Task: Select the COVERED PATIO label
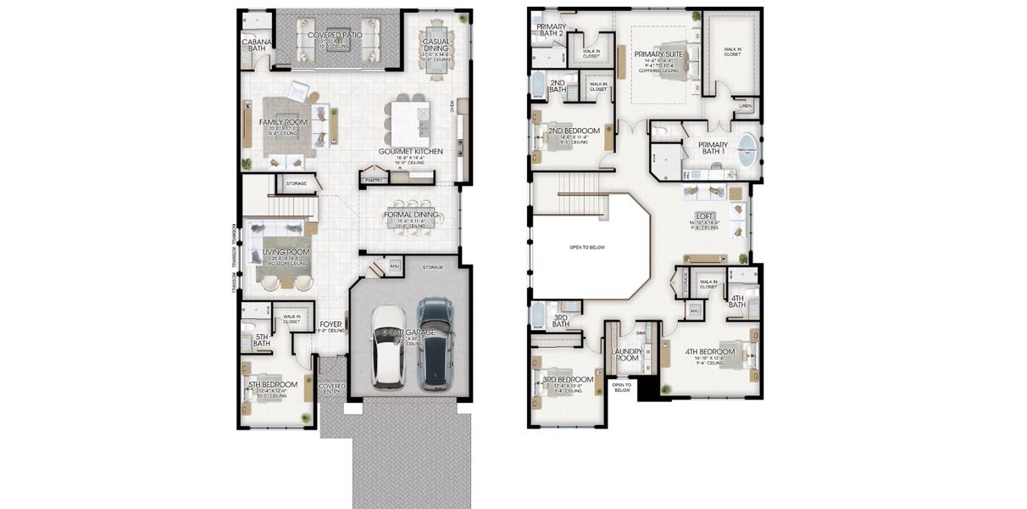click(x=335, y=35)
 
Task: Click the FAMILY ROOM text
click(x=283, y=122)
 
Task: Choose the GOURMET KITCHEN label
click(x=410, y=151)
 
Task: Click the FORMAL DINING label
click(x=411, y=215)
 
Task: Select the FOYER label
click(x=330, y=324)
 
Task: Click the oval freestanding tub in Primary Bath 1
click(x=747, y=150)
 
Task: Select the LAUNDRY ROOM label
click(x=626, y=354)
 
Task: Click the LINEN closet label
click(x=745, y=106)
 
